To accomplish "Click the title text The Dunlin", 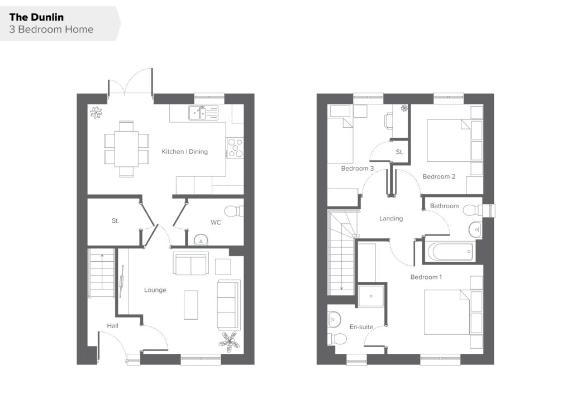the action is pyautogui.click(x=36, y=17).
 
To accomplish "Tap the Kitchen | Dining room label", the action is pyautogui.click(x=184, y=152).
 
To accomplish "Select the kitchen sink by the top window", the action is pyautogui.click(x=203, y=113).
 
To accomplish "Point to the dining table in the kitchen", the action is pyautogui.click(x=126, y=149).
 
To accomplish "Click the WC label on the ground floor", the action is pyautogui.click(x=216, y=222).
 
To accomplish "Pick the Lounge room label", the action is pyautogui.click(x=155, y=290).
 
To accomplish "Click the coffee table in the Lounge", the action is pyautogui.click(x=191, y=305).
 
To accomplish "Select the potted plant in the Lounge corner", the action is pyautogui.click(x=229, y=342).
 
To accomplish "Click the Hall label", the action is pyautogui.click(x=112, y=326).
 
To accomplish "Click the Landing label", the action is pyautogui.click(x=391, y=219).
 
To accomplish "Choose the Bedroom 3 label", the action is pyautogui.click(x=357, y=169).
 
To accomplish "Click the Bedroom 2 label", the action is pyautogui.click(x=439, y=177).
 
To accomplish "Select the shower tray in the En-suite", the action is pyautogui.click(x=371, y=296).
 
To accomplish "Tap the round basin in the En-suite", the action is pyautogui.click(x=334, y=320).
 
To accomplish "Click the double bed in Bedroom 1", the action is pyautogui.click(x=447, y=312).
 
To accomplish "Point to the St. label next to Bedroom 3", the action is pyautogui.click(x=399, y=152).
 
